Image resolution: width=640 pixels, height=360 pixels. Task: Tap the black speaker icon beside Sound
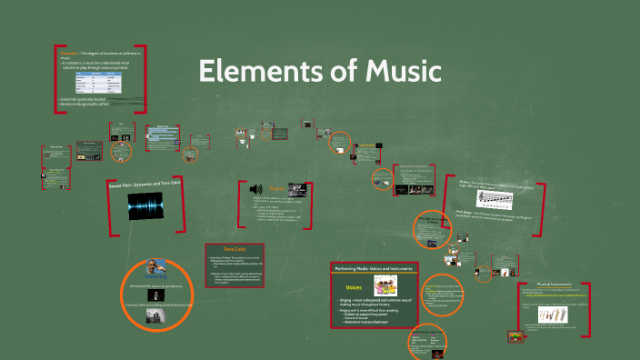point(256,189)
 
